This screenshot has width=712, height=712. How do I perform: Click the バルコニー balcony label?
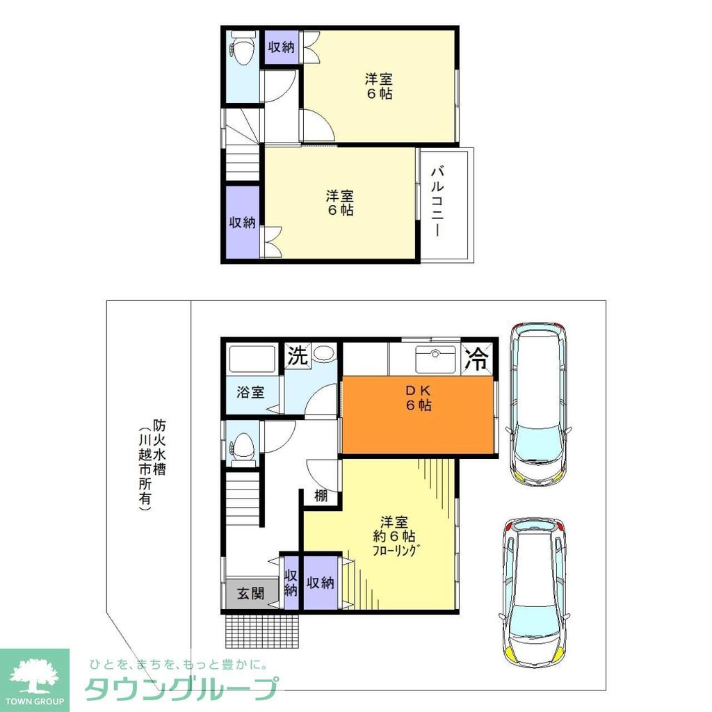(437, 202)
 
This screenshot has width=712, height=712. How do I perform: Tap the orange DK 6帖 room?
(419, 416)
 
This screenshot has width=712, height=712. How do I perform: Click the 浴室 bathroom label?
(250, 392)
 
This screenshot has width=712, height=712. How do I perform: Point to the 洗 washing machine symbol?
(297, 356)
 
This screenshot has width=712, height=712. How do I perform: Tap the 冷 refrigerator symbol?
(478, 359)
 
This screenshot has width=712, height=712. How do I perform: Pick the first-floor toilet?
(242, 445)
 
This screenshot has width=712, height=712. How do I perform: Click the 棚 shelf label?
(321, 496)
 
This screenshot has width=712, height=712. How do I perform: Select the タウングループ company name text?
(181, 688)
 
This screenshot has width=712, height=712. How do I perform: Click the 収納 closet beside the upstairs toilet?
(282, 47)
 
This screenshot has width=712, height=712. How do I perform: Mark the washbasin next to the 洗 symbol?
(323, 353)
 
